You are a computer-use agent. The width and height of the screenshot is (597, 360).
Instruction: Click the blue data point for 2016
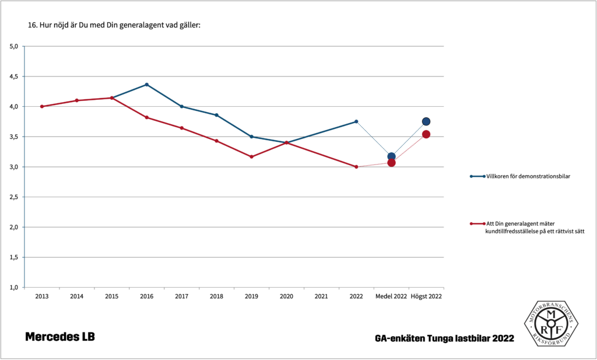pyautogui.click(x=146, y=85)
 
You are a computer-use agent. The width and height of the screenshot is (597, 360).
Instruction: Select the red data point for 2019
pyautogui.click(x=251, y=156)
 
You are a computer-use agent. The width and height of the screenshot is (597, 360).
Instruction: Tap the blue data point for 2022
pyautogui.click(x=356, y=121)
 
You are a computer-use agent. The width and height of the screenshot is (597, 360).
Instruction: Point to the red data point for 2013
pyautogui.click(x=42, y=106)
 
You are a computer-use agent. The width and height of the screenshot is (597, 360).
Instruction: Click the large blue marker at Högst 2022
pyautogui.click(x=426, y=121)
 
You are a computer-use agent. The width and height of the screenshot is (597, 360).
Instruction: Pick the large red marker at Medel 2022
pyautogui.click(x=391, y=162)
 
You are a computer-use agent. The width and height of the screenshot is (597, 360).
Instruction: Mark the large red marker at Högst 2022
pyautogui.click(x=426, y=134)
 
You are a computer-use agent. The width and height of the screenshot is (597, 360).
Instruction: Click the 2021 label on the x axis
pyautogui.click(x=321, y=296)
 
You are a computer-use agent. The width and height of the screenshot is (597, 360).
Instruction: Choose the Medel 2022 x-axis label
pyautogui.click(x=391, y=296)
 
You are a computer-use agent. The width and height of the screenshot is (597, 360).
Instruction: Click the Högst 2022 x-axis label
pyautogui.click(x=426, y=296)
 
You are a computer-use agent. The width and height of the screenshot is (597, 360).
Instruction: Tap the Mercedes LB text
pyautogui.click(x=59, y=337)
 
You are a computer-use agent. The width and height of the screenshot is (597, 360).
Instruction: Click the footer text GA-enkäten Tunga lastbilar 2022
pyautogui.click(x=445, y=338)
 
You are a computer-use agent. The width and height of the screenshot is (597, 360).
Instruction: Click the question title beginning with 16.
pyautogui.click(x=114, y=26)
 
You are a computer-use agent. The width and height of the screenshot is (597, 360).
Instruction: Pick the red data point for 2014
pyautogui.click(x=77, y=100)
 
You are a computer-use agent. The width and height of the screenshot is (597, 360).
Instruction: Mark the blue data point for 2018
pyautogui.click(x=216, y=115)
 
